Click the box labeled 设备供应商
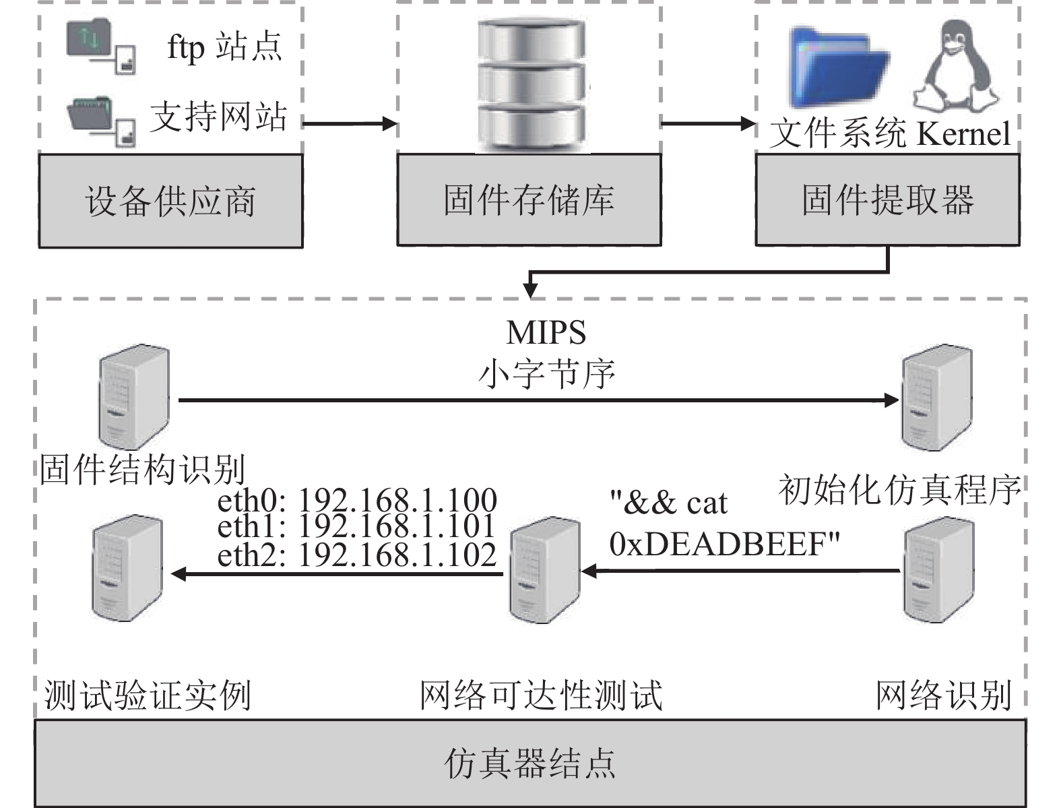pos(170,201)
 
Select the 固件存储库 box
pos(529,199)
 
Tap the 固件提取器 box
pos(887,199)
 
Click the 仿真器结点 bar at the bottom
pos(530,763)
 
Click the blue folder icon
pos(839,67)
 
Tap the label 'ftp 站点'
pos(224,47)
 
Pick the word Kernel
pos(964,133)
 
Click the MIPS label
pos(546,332)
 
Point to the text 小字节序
pos(546,373)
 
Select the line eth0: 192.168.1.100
pos(357,500)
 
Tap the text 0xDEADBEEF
pos(725,543)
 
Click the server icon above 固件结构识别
pos(133,398)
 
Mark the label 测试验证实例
pos(148,695)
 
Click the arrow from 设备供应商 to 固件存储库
pos(349,124)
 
